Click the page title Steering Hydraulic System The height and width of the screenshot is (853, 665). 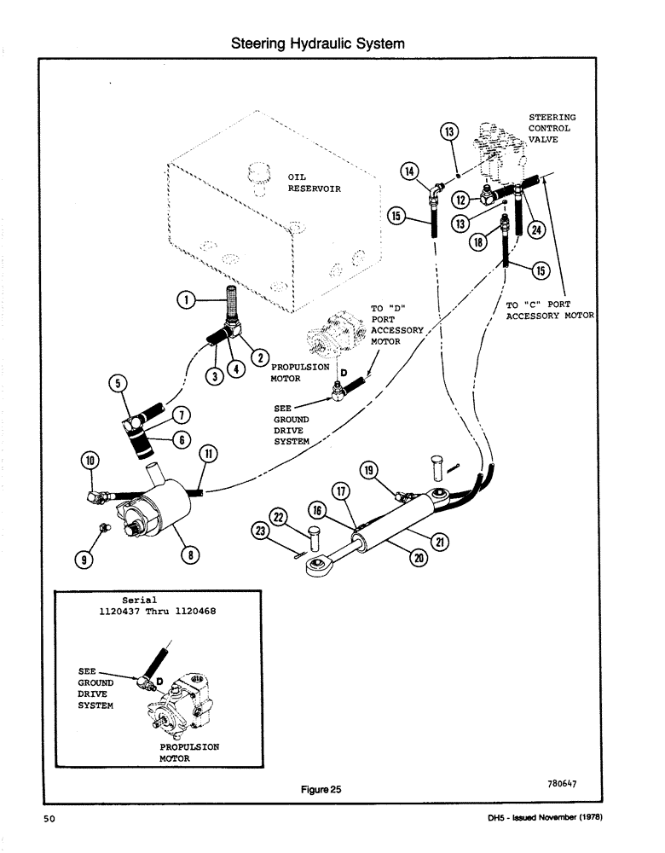tap(318, 43)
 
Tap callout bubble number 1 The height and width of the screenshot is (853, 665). tap(183, 299)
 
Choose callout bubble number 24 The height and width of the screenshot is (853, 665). tap(536, 228)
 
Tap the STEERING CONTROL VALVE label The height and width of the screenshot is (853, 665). tap(552, 129)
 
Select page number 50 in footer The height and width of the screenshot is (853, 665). tap(49, 820)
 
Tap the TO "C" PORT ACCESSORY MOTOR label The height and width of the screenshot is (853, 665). tap(549, 310)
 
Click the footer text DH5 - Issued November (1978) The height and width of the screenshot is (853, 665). tap(541, 820)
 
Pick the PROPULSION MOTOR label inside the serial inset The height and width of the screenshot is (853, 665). tap(189, 752)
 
